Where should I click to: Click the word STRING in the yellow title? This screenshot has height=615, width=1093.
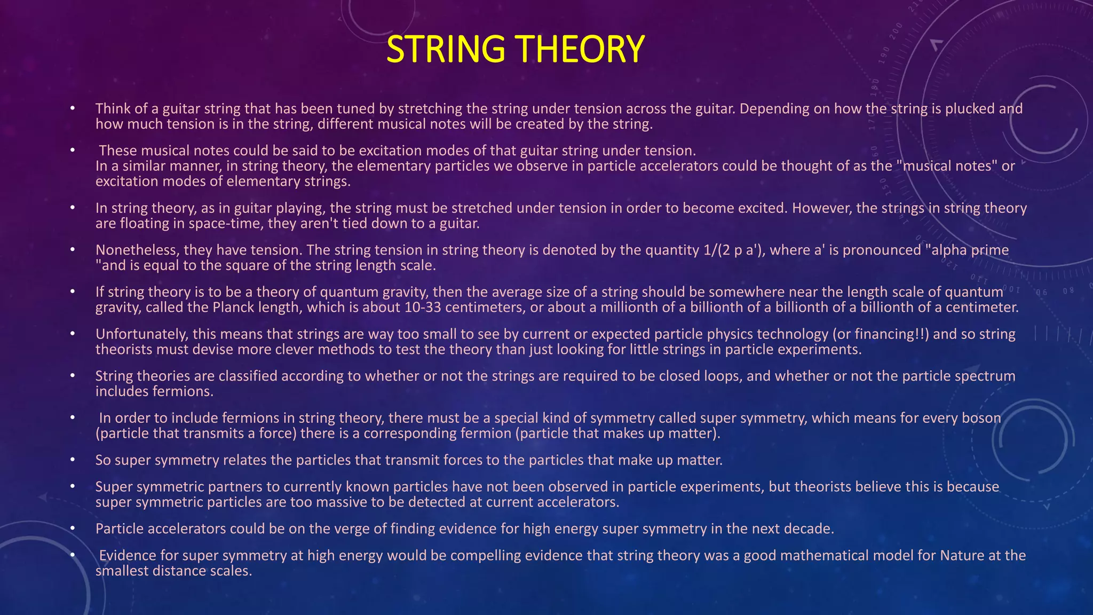(x=445, y=49)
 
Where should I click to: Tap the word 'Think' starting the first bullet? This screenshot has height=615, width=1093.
(x=113, y=108)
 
